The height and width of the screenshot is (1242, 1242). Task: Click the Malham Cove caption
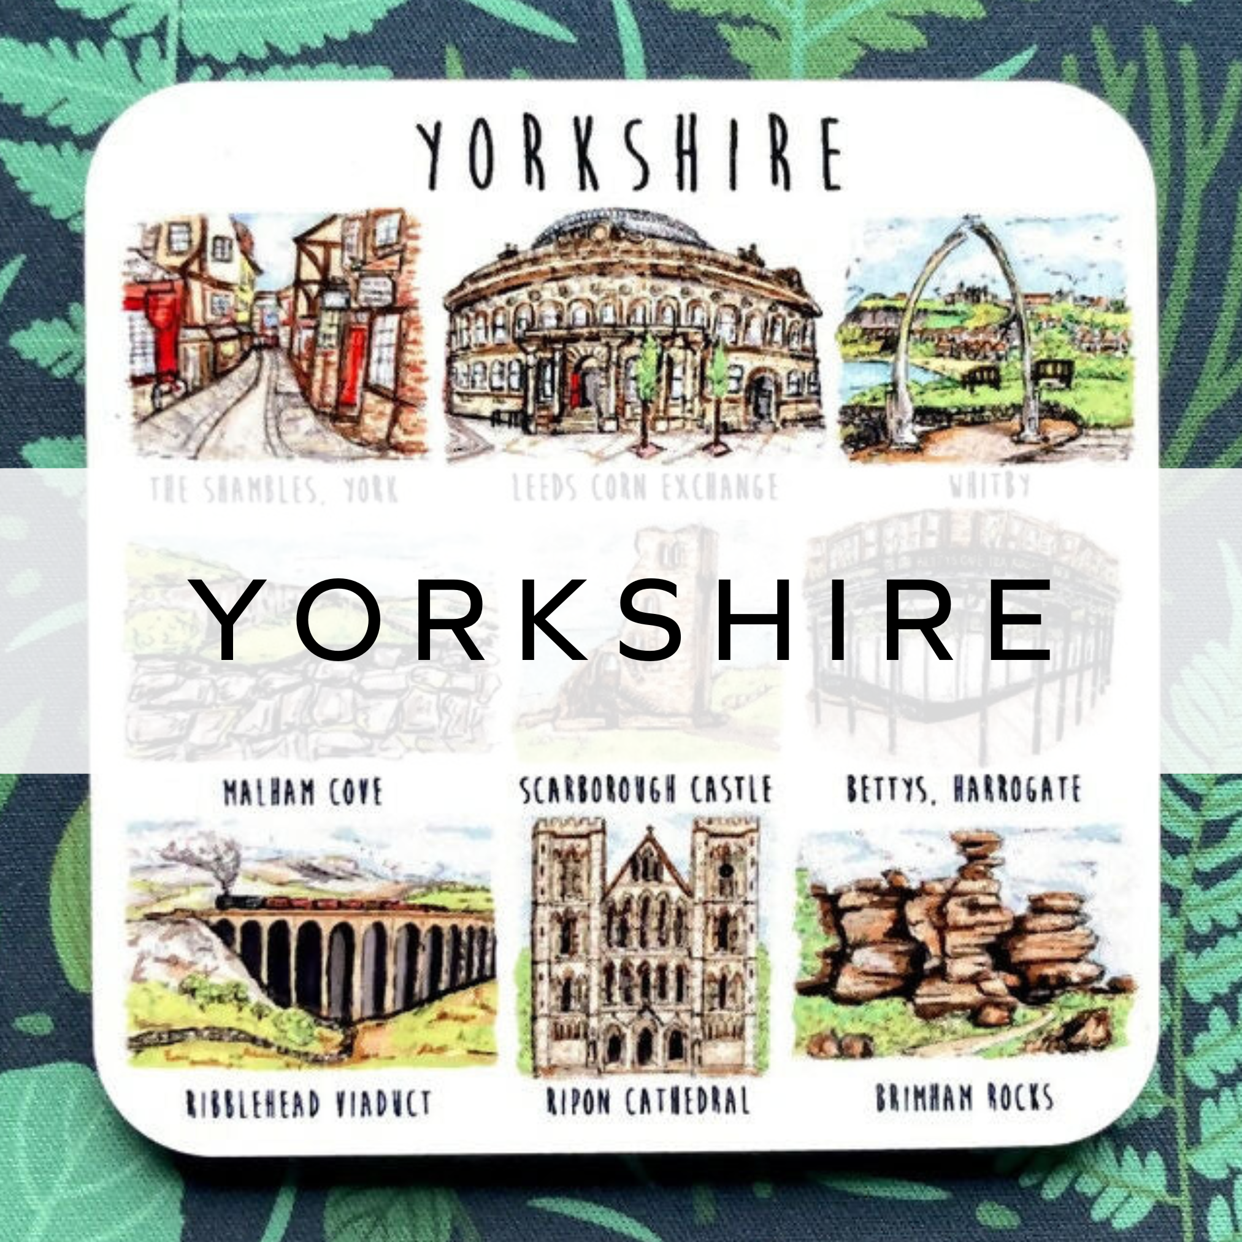point(302,791)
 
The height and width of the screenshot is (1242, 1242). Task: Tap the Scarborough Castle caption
point(645,790)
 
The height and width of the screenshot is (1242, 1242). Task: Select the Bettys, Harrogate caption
point(964,790)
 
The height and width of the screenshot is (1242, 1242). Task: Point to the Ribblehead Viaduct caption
point(308,1084)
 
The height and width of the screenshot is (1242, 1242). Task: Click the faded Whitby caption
point(989,485)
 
